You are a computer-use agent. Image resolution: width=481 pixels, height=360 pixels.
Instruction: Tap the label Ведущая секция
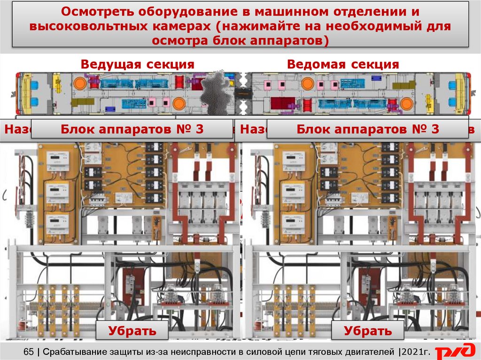[x=137, y=64]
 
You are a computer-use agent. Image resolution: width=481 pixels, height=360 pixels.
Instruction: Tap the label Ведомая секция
[x=343, y=64]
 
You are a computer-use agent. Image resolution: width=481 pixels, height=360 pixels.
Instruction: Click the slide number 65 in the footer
[x=29, y=351]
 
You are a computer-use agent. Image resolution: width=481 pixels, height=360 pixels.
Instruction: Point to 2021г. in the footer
[x=415, y=351]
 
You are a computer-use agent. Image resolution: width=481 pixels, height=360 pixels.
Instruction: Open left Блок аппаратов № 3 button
[x=132, y=130]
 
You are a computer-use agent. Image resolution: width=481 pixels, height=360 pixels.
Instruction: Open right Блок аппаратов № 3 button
[x=368, y=130]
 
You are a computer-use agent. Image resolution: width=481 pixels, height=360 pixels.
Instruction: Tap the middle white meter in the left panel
[x=57, y=191]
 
